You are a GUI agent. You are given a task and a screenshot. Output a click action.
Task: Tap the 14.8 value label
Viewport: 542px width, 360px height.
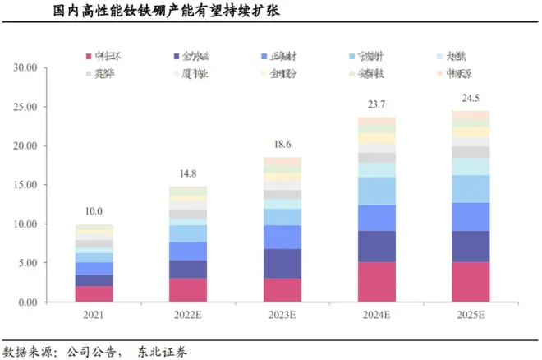(x=188, y=174)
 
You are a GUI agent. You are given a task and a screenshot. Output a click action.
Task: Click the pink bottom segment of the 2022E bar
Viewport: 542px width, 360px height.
(x=188, y=290)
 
